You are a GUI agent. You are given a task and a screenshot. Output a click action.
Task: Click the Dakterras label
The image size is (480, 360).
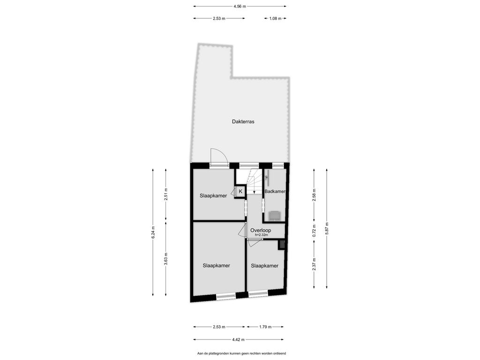pyautogui.click(x=243, y=121)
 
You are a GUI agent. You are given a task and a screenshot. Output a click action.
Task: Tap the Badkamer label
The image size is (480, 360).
pyautogui.click(x=275, y=191)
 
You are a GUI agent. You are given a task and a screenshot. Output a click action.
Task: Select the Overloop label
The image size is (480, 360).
pyautogui.click(x=261, y=230)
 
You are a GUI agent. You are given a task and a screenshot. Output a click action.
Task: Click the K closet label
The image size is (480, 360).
pyautogui.click(x=240, y=191)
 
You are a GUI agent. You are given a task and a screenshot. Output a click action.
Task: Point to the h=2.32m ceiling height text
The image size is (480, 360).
pyautogui.click(x=262, y=235)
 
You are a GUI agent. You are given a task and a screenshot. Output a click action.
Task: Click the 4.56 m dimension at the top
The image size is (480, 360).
pyautogui.click(x=240, y=6)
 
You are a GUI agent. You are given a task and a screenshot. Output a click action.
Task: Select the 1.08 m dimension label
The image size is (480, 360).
pyautogui.click(x=275, y=18)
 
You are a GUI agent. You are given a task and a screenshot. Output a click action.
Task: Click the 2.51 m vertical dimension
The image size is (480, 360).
pyautogui.click(x=165, y=194)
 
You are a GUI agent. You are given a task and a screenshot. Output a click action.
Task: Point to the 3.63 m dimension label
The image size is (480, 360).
pyautogui.click(x=165, y=259)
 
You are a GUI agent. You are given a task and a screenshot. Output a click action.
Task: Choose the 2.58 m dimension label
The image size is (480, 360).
pyautogui.click(x=314, y=195)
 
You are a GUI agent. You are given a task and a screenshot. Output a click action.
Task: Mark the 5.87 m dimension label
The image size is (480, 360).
pyautogui.click(x=327, y=228)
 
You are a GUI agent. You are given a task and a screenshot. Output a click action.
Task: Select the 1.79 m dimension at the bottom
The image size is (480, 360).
pyautogui.click(x=265, y=327)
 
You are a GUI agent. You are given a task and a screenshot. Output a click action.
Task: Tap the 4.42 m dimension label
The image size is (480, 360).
pyautogui.click(x=239, y=339)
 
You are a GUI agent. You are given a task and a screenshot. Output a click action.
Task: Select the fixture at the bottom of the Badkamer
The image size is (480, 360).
pyautogui.click(x=275, y=216)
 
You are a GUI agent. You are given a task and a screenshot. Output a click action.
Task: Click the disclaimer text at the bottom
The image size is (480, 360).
pyautogui.click(x=241, y=353)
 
